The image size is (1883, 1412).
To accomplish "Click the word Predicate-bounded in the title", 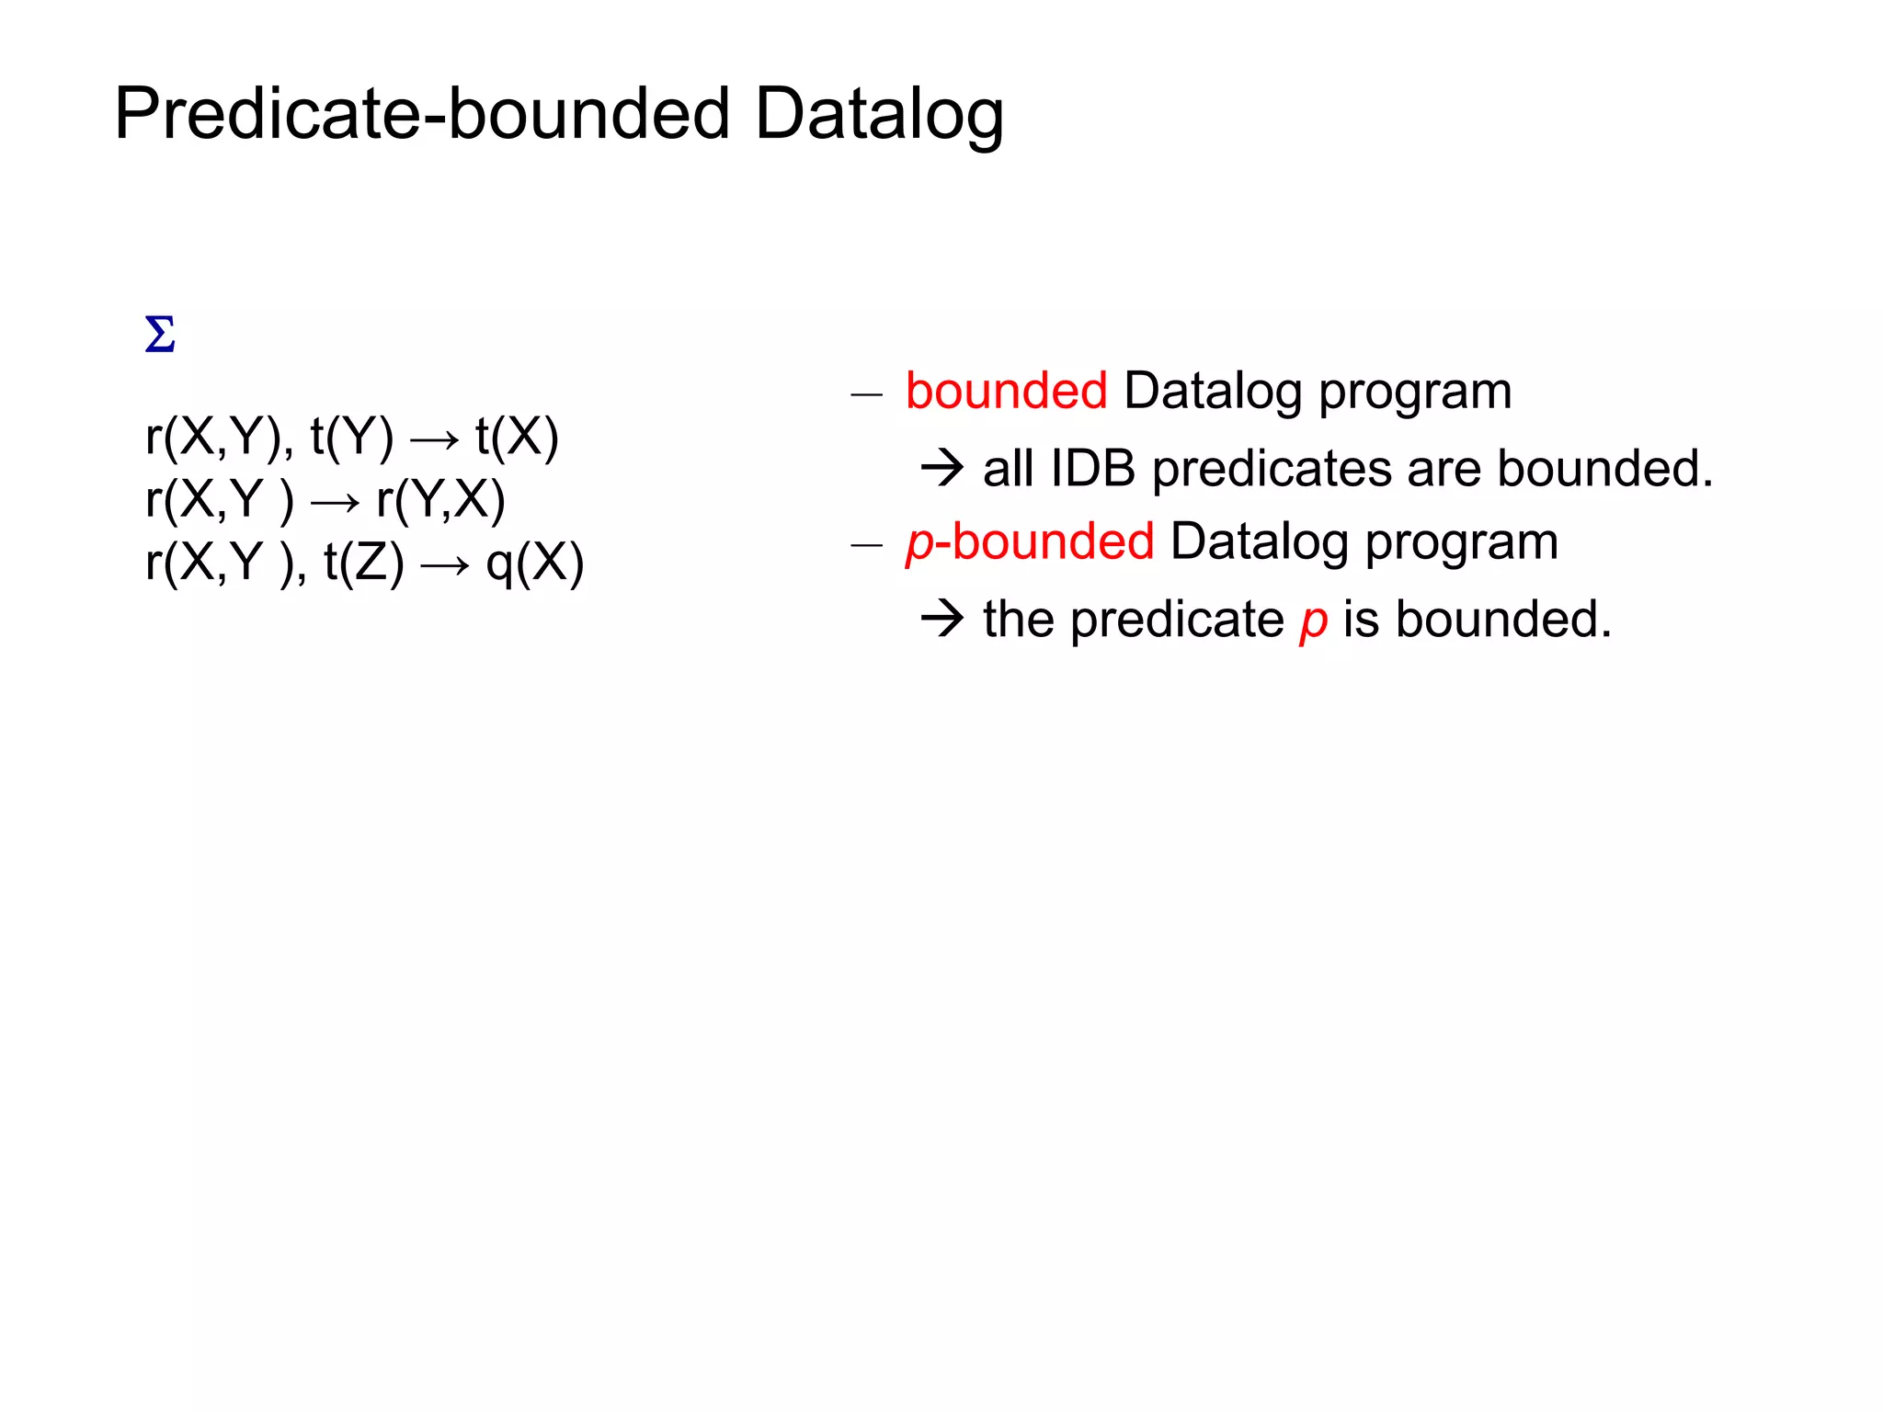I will (421, 114).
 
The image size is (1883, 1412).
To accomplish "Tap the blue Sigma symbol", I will (160, 335).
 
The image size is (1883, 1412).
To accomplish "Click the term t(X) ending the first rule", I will (517, 437).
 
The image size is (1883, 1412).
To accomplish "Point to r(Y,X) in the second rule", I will (440, 501).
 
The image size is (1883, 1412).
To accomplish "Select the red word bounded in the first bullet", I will (1006, 392).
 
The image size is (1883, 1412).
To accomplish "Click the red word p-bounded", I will (1030, 541).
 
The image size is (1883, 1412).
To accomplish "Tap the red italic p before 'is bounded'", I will (1313, 621).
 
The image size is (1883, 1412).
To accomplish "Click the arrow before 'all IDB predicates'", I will (942, 469).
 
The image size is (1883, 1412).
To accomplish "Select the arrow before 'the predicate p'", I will (942, 619).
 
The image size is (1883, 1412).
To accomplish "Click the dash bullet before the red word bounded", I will (866, 396).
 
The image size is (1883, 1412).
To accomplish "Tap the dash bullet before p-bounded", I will (866, 546).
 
